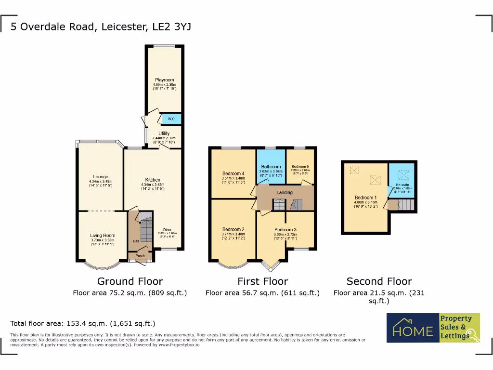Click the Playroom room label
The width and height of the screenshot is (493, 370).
pyautogui.click(x=164, y=80)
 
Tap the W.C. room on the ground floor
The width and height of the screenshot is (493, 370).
pyautogui.click(x=171, y=119)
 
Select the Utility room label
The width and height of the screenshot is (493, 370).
pyautogui.click(x=164, y=133)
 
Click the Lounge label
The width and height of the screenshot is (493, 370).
pyautogui.click(x=101, y=177)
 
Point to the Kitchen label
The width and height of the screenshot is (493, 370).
pyautogui.click(x=153, y=180)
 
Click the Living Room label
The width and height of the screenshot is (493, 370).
pyautogui.click(x=103, y=236)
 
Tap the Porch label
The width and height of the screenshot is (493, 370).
pyautogui.click(x=140, y=256)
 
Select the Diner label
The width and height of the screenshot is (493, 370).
pyautogui.click(x=167, y=230)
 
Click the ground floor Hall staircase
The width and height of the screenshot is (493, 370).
pyautogui.click(x=144, y=226)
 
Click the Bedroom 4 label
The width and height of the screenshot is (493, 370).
pyautogui.click(x=234, y=173)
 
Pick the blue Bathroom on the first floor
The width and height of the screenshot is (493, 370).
pyautogui.click(x=271, y=169)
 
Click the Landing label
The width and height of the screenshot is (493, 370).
pyautogui.click(x=284, y=193)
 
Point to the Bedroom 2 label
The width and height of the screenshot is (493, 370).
pyautogui.click(x=234, y=229)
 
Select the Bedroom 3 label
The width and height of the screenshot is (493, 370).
pyautogui.click(x=285, y=230)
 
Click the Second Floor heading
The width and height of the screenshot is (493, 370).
pyautogui.click(x=379, y=281)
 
